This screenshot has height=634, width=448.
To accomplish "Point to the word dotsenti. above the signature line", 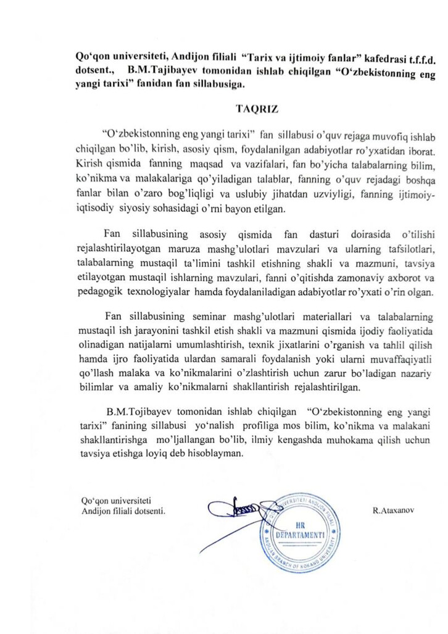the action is pos(148,512).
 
